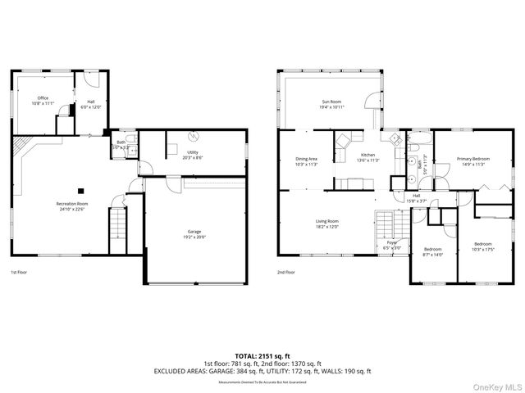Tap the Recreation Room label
click(71, 204)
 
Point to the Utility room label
click(193, 152)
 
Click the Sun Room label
click(331, 102)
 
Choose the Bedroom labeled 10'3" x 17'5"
click(482, 245)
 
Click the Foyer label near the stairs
click(391, 243)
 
